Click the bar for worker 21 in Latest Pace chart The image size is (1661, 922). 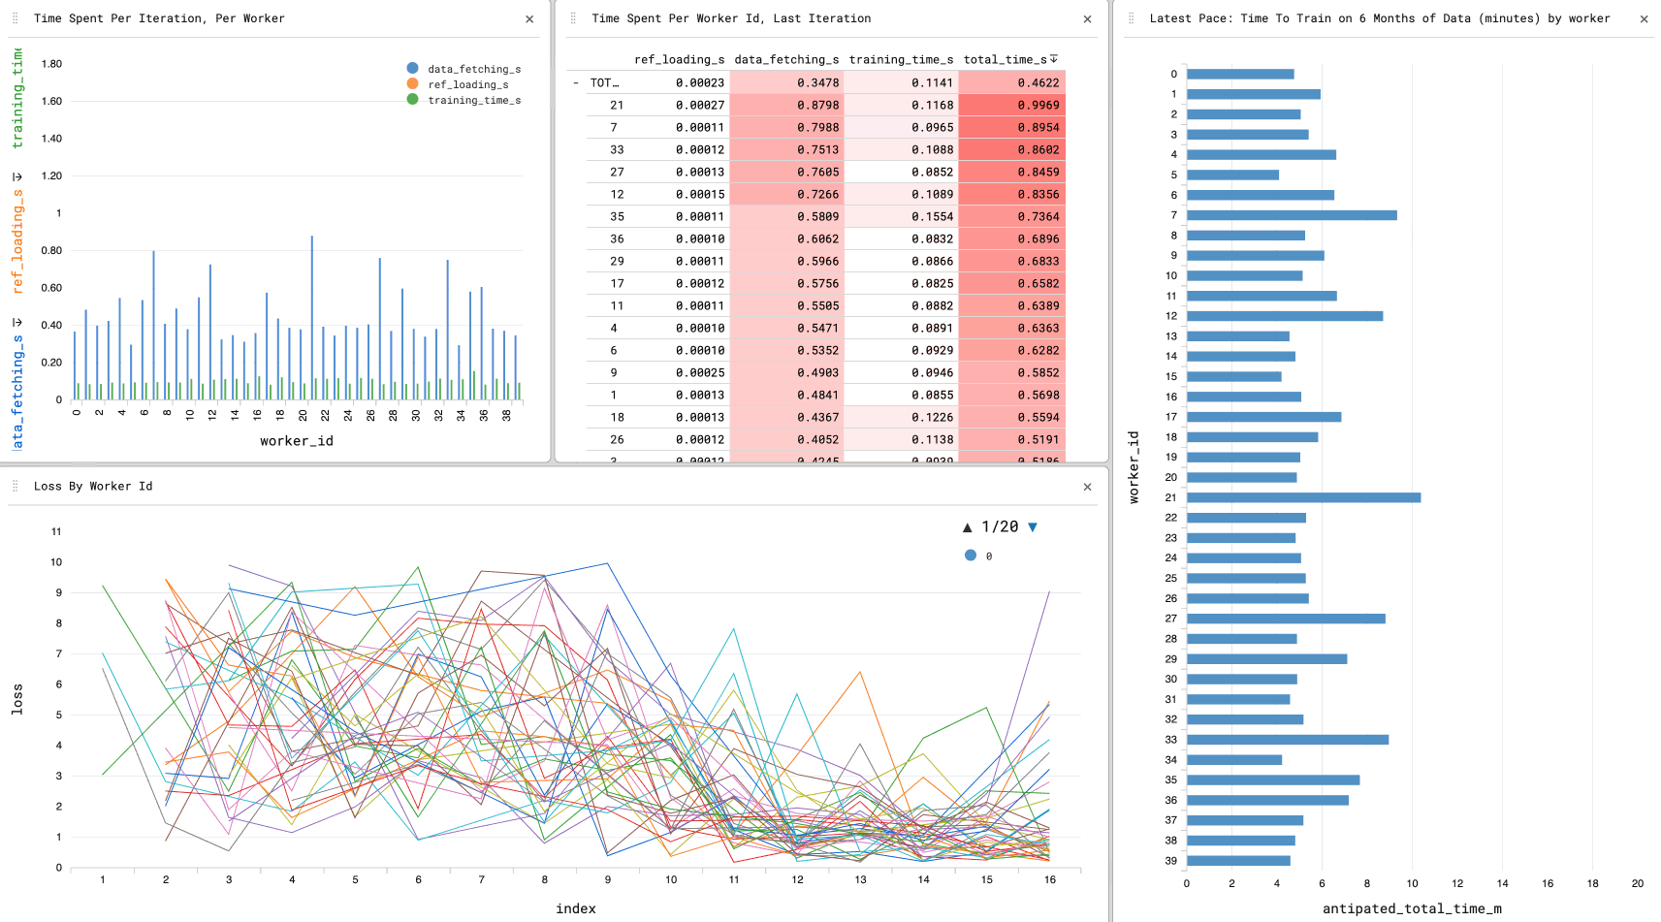tap(1303, 497)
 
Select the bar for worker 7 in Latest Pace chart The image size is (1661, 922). tap(1292, 215)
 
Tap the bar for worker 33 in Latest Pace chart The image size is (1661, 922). tap(1287, 740)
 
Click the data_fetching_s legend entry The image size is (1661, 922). tap(473, 69)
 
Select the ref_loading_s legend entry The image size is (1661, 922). tap(467, 84)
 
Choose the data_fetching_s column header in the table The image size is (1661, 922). tap(786, 59)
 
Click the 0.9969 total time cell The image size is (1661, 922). tap(1038, 105)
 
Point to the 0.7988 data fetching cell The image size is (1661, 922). tap(817, 127)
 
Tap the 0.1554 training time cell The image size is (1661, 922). tap(932, 216)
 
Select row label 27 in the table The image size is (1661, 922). tap(617, 172)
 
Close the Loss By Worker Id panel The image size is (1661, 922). tap(1087, 487)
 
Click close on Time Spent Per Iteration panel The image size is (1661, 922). tap(529, 18)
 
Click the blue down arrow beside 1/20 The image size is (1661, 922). tap(1033, 527)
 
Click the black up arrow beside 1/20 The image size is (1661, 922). tap(967, 527)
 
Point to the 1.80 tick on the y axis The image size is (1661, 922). tap(51, 64)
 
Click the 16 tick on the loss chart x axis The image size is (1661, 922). tap(1050, 879)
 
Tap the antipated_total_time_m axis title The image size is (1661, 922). tap(1411, 908)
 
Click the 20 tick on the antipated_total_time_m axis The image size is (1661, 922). tap(1638, 883)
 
